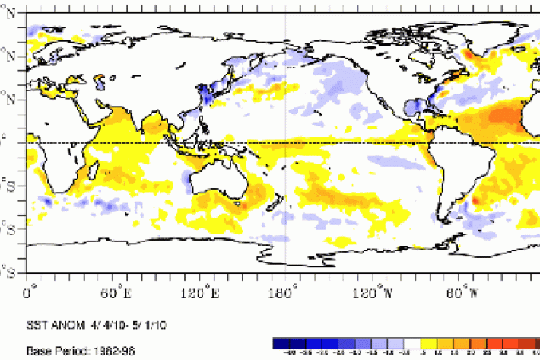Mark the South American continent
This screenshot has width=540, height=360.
click(x=456, y=167)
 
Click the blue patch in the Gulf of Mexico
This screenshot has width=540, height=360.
click(x=414, y=107)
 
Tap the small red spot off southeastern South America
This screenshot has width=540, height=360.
click(x=476, y=200)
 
